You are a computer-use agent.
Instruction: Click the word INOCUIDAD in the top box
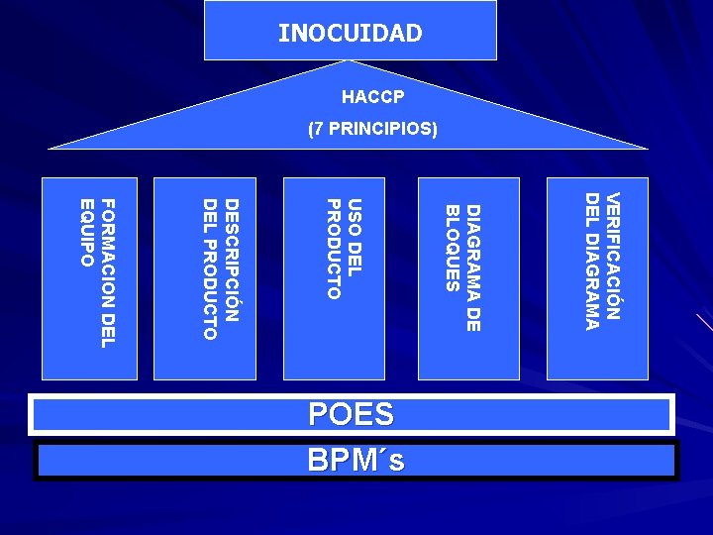[350, 33]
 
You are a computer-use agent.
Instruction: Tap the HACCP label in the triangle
[372, 98]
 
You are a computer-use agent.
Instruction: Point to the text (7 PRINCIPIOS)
[372, 129]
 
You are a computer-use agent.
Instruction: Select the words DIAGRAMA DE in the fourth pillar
[473, 267]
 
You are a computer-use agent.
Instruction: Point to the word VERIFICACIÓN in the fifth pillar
[613, 256]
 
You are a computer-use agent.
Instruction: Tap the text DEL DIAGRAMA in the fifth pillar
[591, 261]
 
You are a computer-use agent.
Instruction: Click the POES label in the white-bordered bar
[351, 414]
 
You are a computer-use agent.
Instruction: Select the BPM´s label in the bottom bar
[356, 460]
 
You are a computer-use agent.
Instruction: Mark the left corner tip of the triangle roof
[51, 149]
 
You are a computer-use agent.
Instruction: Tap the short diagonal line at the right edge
[704, 321]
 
